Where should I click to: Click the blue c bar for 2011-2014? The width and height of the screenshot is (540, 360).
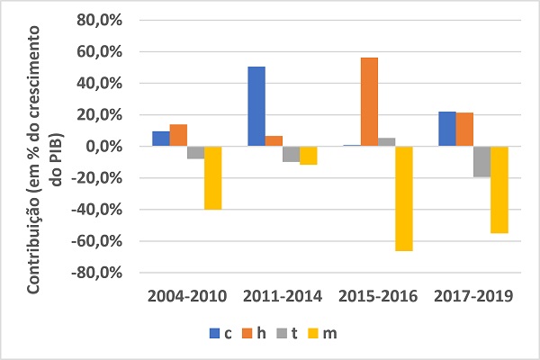point(256,106)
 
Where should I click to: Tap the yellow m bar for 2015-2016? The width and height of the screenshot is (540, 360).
point(403,198)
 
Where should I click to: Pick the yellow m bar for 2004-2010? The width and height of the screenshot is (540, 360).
point(212,177)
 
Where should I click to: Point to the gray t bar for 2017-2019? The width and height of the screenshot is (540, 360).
point(481,161)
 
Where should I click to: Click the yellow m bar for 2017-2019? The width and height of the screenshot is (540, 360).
point(499,189)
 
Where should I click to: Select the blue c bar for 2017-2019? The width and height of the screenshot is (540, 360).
point(447,129)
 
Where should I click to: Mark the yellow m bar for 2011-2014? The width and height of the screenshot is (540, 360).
point(308,155)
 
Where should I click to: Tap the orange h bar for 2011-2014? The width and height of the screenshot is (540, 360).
point(274,140)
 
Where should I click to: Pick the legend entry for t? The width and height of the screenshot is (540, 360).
point(289,334)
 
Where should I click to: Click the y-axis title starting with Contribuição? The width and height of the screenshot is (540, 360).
point(50,147)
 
